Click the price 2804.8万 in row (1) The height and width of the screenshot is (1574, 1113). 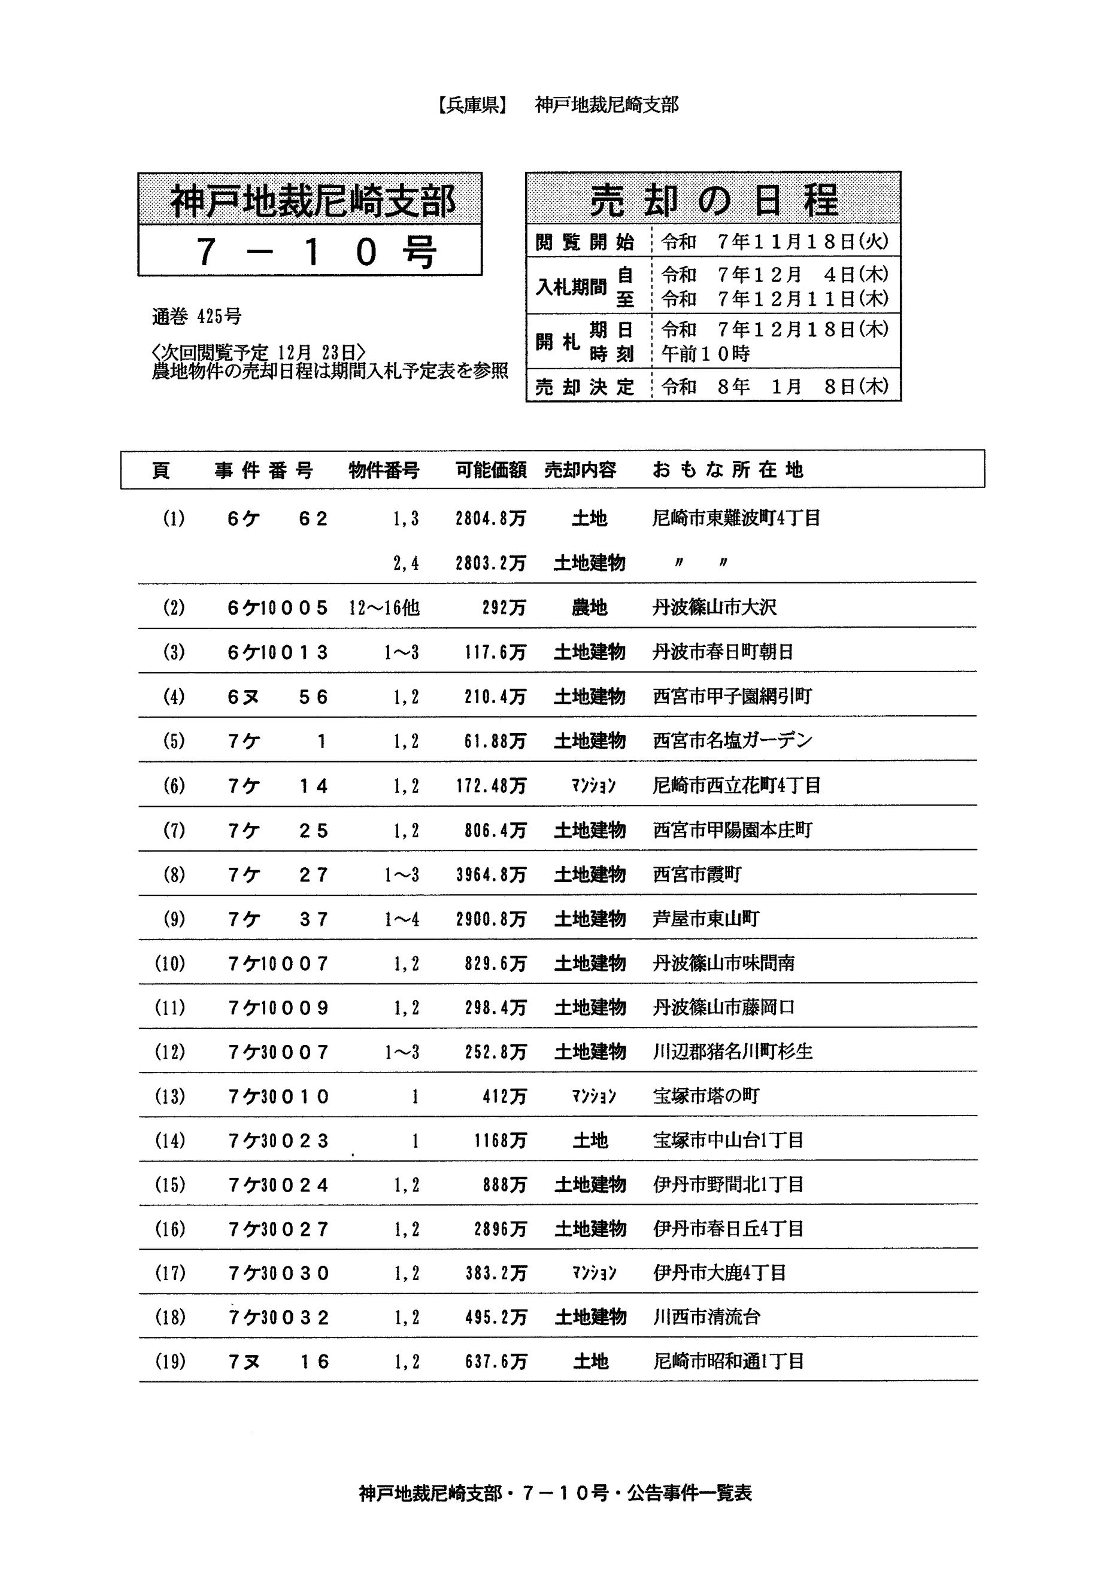pos(490,519)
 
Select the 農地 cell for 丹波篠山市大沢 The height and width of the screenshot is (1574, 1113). pos(589,607)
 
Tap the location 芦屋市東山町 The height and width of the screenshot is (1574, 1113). pos(706,919)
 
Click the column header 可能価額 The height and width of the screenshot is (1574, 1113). pos(491,470)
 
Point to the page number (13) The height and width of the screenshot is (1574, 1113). pos(169,1096)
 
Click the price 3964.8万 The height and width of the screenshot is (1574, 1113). pos(491,875)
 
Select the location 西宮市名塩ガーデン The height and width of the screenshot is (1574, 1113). pos(732,741)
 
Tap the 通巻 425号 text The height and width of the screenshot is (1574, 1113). pos(196,317)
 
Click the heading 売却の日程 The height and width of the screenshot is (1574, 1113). pos(713,202)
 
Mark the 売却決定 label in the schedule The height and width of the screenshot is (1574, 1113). pos(584,387)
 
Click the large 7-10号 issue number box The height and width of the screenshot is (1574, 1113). pos(310,251)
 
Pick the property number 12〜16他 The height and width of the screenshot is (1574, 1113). pos(384,607)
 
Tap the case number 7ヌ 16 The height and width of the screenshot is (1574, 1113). pos(278,1362)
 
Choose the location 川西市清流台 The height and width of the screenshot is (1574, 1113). pos(706,1317)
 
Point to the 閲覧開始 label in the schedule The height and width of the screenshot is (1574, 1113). pos(584,242)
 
